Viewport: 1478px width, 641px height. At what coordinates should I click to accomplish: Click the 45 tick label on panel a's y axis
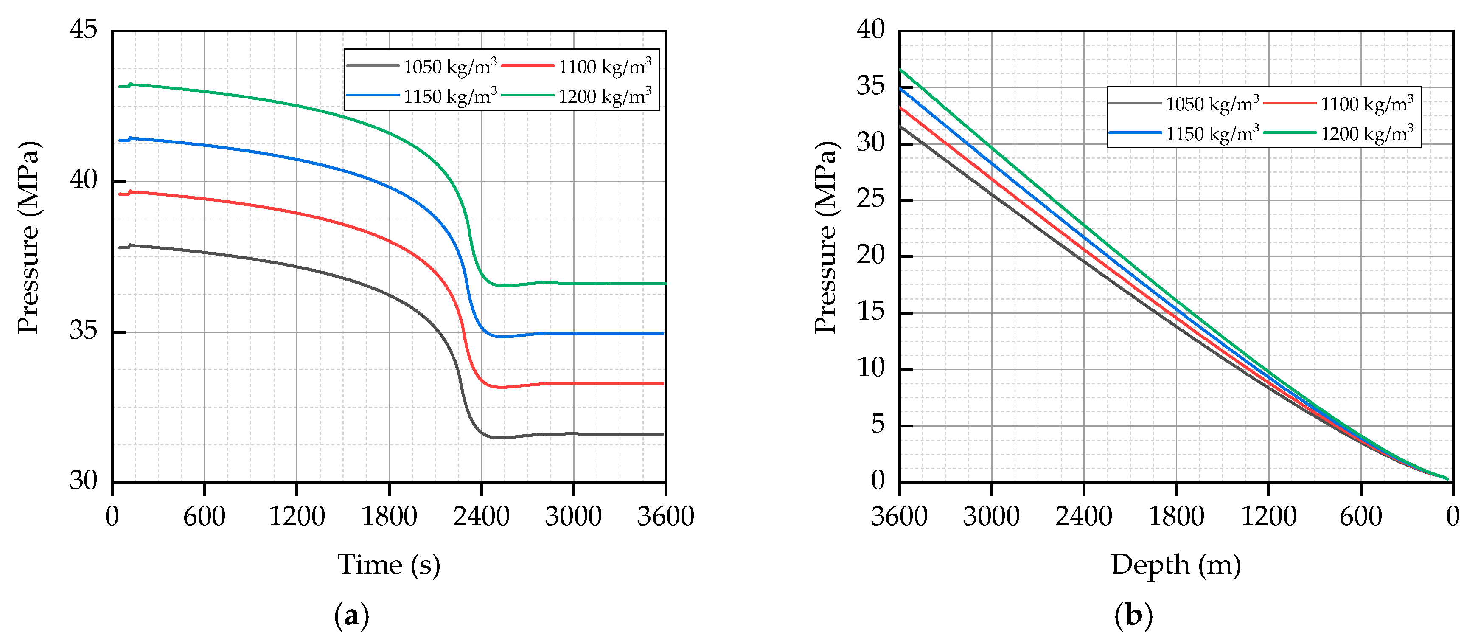tap(83, 29)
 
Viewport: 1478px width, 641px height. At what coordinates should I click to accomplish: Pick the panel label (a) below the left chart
tap(351, 616)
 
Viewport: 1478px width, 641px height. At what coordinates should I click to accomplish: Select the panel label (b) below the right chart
tap(1133, 616)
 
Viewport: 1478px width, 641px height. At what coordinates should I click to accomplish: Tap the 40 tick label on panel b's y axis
tap(870, 29)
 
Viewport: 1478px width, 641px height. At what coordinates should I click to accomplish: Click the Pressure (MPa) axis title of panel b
tap(826, 237)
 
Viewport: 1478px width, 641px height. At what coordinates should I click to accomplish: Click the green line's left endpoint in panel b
tap(900, 70)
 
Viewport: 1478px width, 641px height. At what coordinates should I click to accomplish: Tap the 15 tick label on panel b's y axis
tap(870, 312)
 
